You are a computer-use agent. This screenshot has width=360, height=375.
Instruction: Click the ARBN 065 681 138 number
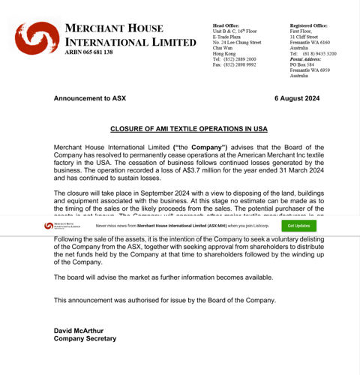coord(89,52)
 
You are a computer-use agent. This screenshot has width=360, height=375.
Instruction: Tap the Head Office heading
coord(226,25)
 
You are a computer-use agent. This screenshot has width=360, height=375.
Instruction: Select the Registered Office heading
coord(309,25)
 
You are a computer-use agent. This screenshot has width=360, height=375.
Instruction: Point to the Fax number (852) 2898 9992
coord(234,64)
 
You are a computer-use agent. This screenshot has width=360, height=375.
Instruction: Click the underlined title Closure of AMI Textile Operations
coord(188,129)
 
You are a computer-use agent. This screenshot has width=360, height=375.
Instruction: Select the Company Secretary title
coord(85,338)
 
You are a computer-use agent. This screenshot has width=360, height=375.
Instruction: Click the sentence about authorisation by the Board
coord(165,300)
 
